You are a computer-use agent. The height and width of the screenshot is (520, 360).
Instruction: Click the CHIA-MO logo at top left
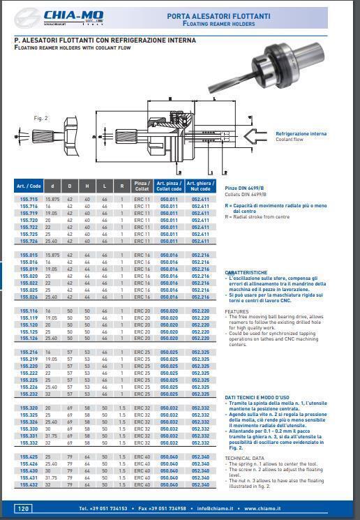coord(63,16)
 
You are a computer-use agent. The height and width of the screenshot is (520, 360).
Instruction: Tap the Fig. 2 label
coord(41,119)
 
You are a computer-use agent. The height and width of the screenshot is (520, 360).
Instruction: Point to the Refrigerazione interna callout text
coord(301,133)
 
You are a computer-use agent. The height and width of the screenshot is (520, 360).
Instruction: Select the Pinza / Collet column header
coord(142,186)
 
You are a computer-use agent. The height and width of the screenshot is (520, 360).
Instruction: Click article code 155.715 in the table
coord(29,199)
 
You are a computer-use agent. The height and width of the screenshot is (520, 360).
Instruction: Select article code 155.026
coord(29,297)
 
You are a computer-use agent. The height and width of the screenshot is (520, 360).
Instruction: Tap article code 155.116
coord(29,311)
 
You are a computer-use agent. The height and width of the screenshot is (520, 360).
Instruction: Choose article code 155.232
coord(29,394)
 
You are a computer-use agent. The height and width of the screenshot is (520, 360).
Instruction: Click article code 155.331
coord(29,436)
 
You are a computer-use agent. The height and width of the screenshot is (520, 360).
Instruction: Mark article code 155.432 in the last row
coord(29,484)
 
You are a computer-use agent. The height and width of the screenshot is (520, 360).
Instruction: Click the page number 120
coord(23,509)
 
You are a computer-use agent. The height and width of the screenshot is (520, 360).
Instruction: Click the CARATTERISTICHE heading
coord(246,273)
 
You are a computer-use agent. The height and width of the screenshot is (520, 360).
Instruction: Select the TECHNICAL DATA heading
coord(245,458)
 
